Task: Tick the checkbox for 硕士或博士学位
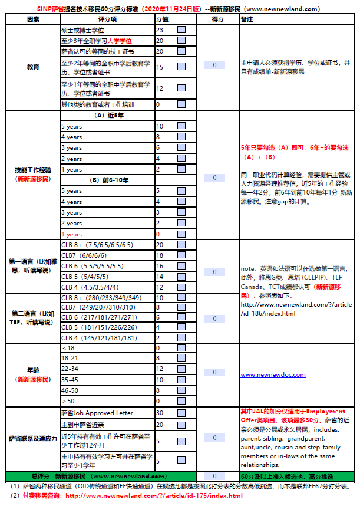click(181, 30)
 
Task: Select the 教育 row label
click(33, 67)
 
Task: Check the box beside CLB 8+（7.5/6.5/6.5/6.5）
click(181, 245)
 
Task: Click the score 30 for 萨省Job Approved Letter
click(160, 413)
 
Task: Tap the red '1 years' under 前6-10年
click(71, 234)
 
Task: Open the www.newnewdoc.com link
click(273, 374)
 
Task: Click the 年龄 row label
click(33, 374)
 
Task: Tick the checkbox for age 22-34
click(181, 369)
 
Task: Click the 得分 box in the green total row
click(214, 476)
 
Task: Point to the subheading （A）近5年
click(107, 115)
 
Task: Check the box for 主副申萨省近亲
click(181, 425)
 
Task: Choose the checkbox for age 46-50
click(181, 390)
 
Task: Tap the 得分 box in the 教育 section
click(214, 65)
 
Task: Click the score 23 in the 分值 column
click(160, 30)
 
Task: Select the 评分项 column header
click(107, 19)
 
